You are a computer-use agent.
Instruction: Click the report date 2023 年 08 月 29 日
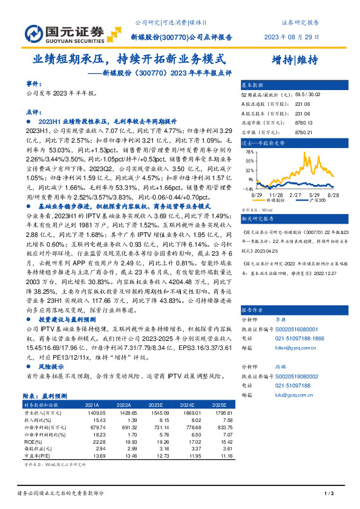point(291,37)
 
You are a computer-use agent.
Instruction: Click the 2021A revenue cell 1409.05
point(92,412)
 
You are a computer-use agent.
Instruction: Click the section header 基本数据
point(253,86)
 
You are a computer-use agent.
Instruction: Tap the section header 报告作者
point(253,308)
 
